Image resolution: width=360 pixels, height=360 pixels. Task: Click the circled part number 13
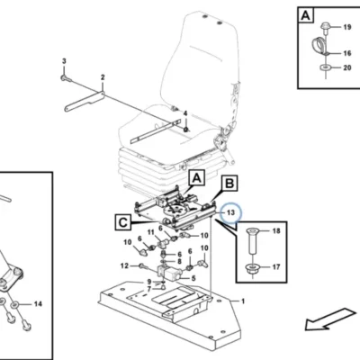point(230,212)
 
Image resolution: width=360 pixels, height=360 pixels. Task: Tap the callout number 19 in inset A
point(347,27)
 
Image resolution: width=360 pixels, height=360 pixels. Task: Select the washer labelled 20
point(324,67)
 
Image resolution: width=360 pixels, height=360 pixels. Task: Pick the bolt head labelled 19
point(325,26)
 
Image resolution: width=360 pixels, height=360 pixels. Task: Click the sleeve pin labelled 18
point(253,240)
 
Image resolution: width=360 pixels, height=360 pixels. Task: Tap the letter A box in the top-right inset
point(305,15)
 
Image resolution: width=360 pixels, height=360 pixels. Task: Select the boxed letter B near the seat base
point(229,184)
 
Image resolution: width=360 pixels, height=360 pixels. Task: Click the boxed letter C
point(123,222)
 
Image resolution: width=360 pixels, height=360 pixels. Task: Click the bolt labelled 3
point(66,78)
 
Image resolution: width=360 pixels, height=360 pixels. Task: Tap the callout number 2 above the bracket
point(103,77)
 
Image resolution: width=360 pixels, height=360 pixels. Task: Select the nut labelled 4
point(186,129)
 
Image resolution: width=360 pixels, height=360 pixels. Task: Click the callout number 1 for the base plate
point(243,301)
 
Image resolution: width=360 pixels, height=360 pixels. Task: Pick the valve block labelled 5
point(169,273)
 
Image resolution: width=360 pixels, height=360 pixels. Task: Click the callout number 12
point(124,265)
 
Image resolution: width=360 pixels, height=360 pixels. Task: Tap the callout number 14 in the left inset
point(38,304)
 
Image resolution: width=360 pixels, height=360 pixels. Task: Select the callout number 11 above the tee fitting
point(150,232)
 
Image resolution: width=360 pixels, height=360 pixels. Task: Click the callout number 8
point(179,262)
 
